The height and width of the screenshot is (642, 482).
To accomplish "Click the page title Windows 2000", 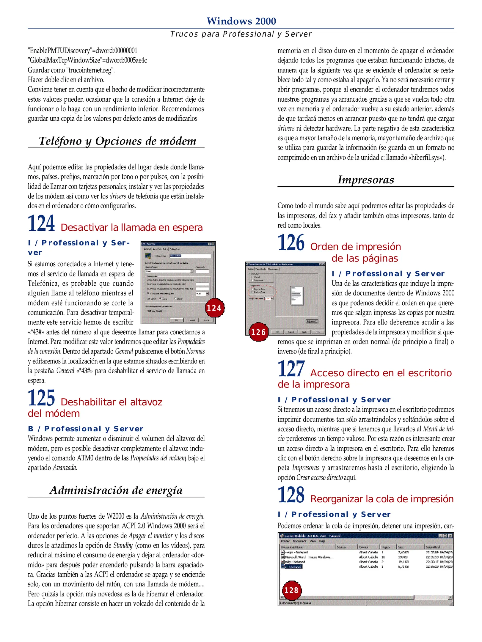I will click(x=241, y=21).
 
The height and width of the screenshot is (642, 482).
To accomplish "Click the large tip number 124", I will click(x=41, y=224).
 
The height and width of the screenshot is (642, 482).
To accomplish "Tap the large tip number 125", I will click(x=41, y=398).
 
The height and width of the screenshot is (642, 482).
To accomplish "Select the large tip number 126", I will click(x=291, y=243).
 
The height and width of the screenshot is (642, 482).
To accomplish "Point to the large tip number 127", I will click(x=291, y=369).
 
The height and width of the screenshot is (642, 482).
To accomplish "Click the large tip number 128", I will click(x=291, y=495).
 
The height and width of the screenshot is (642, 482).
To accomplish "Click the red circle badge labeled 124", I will click(x=214, y=308).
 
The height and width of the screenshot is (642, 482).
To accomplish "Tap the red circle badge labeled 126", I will click(x=258, y=332).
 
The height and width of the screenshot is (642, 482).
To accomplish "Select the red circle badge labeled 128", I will click(x=291, y=590).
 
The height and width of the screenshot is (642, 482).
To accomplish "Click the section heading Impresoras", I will click(x=366, y=180).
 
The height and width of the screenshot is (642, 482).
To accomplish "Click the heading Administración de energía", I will click(x=116, y=490).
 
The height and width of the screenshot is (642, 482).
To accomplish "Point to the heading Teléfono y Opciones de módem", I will click(x=117, y=141).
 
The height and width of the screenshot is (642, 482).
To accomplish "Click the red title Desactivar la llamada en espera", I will click(x=131, y=228).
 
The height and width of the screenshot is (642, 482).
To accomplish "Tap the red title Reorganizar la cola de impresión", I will click(x=382, y=499).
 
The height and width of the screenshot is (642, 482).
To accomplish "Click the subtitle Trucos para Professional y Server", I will click(x=241, y=34).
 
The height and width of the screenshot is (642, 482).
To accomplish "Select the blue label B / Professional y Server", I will click(x=86, y=429).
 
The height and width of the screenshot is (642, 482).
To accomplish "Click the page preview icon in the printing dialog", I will click(x=296, y=296).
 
